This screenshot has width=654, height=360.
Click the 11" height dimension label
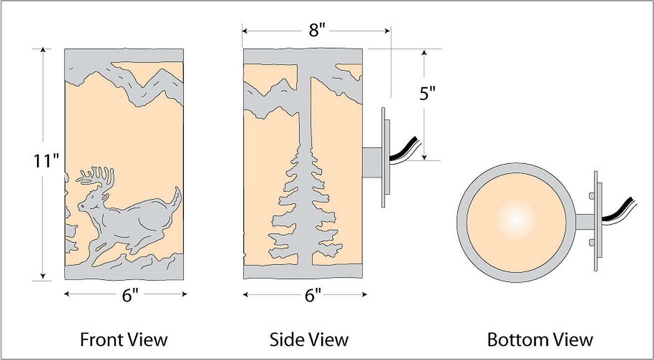point(46,161)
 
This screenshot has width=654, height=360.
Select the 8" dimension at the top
point(317,30)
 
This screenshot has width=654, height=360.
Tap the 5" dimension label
point(427,93)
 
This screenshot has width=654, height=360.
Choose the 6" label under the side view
point(313,295)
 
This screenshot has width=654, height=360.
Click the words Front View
point(124,339)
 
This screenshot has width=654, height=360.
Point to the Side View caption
point(309,339)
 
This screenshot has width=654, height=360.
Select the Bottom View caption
point(540,339)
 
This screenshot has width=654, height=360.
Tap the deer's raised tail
point(177,196)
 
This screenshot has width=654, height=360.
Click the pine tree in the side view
point(305,201)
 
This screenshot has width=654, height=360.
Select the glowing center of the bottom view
point(516,219)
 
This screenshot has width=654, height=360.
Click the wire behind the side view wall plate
point(405,151)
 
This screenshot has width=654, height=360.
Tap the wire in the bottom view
point(619,210)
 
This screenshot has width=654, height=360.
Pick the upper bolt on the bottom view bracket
point(592,196)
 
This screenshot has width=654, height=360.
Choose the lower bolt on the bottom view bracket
point(592,242)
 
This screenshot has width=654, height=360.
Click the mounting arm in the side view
point(372,162)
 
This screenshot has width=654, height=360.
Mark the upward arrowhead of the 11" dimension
point(43,49)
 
